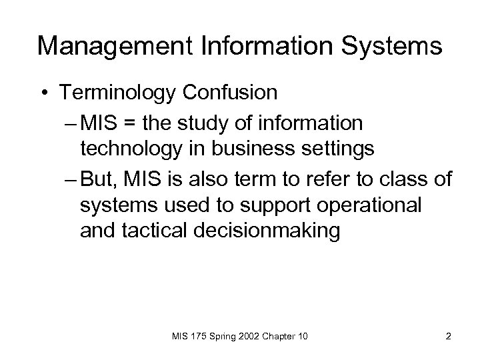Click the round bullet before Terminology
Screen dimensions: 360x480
click(x=43, y=93)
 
